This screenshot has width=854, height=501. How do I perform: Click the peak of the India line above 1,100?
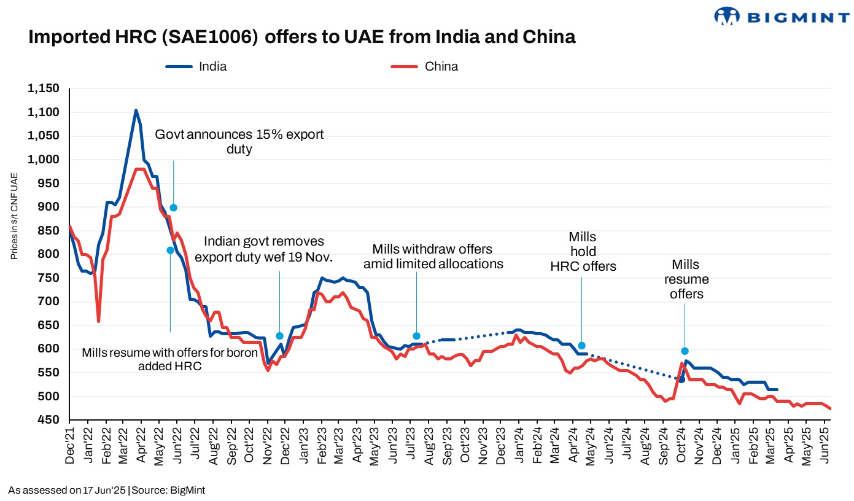pyautogui.click(x=136, y=111)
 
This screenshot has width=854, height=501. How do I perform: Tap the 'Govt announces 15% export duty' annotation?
pyautogui.click(x=239, y=141)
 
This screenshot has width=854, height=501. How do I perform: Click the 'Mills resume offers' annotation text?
pyautogui.click(x=686, y=279)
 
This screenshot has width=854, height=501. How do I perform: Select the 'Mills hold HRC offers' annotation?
pyautogui.click(x=583, y=251)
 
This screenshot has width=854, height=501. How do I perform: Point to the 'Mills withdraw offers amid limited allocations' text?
pyautogui.click(x=433, y=257)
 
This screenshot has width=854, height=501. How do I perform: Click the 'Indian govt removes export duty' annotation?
pyautogui.click(x=263, y=249)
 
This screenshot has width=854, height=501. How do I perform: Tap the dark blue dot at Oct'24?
pyautogui.click(x=681, y=379)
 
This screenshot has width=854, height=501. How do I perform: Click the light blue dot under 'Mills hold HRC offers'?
pyautogui.click(x=581, y=346)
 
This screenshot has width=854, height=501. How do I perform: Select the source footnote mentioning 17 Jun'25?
pyautogui.click(x=106, y=490)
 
